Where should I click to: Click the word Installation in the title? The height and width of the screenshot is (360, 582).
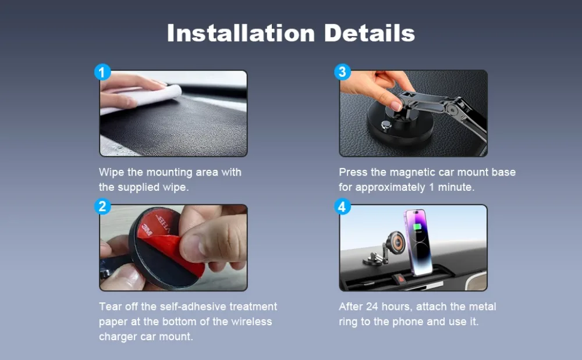[241, 33]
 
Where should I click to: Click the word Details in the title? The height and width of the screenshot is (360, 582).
[370, 33]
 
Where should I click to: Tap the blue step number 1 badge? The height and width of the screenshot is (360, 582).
[102, 72]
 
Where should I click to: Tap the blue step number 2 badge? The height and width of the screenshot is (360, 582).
[102, 206]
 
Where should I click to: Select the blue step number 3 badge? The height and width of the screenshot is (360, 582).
[342, 72]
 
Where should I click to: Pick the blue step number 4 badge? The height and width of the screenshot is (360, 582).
[342, 206]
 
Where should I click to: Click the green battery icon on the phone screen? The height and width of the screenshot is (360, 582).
[417, 227]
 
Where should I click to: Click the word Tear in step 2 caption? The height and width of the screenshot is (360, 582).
[110, 306]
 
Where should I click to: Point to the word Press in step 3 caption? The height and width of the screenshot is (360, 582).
[353, 172]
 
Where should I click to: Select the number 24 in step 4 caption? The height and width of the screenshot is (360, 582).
[372, 306]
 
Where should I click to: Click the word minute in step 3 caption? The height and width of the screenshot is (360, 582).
[456, 187]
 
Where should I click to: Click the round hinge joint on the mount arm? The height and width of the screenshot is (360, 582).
[452, 109]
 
